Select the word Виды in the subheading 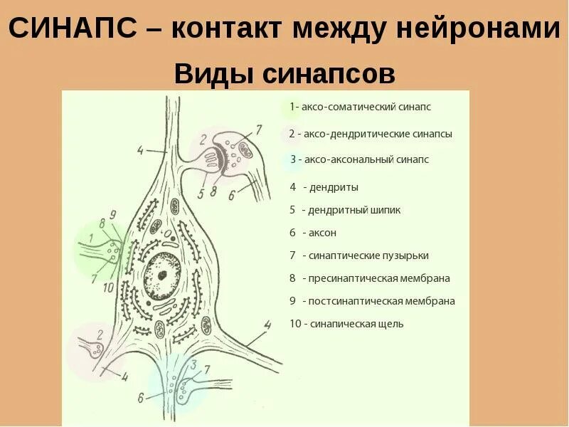pyautogui.click(x=214, y=73)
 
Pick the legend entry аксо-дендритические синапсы pyautogui.click(x=371, y=133)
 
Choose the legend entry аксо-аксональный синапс pyautogui.click(x=359, y=159)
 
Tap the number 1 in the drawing pyautogui.click(x=90, y=238)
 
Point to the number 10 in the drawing pyautogui.click(x=108, y=288)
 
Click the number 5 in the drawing pyautogui.click(x=201, y=192)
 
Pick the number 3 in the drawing pyautogui.click(x=193, y=364)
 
